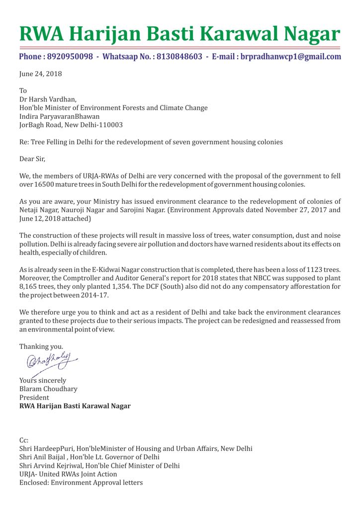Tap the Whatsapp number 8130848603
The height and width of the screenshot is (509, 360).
point(180,57)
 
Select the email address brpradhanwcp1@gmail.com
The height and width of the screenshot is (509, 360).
point(291,57)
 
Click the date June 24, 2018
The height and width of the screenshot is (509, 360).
point(41,74)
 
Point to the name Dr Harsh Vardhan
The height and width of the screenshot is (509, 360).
point(47,99)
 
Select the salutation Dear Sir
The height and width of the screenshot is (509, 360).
point(35,159)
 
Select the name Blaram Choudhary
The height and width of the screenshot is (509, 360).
point(48,389)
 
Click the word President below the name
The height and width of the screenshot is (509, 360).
point(34,397)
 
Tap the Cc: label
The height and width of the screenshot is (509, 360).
point(24,440)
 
